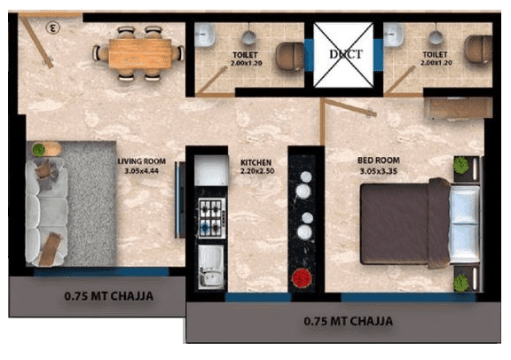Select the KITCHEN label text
click(x=255, y=163)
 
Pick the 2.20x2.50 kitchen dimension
click(x=255, y=173)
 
